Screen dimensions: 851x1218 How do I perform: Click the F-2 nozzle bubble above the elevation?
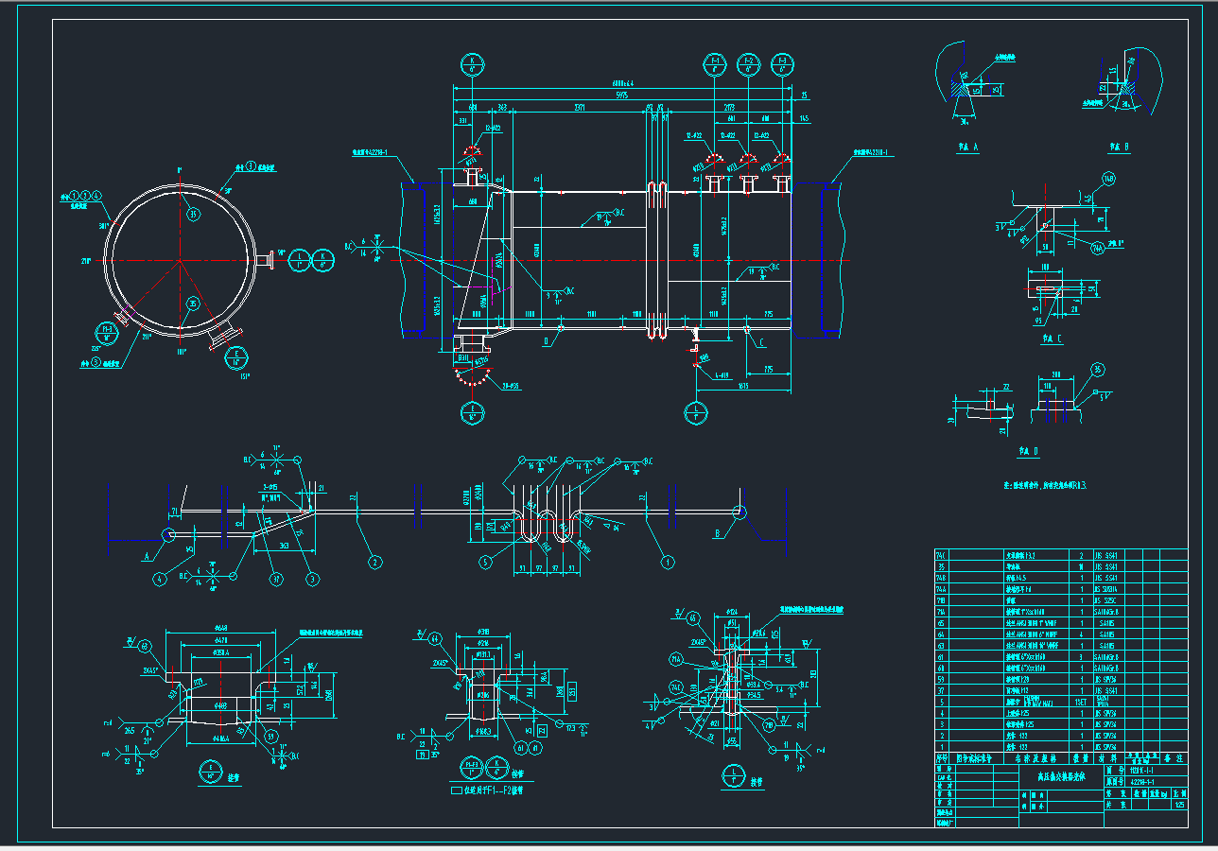pyautogui.click(x=749, y=64)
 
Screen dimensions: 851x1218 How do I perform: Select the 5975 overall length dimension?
pyautogui.click(x=621, y=96)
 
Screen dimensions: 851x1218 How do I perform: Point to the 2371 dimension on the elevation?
pyautogui.click(x=580, y=109)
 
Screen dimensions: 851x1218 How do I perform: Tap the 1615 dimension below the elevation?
pyautogui.click(x=744, y=386)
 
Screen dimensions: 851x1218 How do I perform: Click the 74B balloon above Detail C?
pyautogui.click(x=1108, y=179)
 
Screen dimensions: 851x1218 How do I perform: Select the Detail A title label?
pyautogui.click(x=967, y=147)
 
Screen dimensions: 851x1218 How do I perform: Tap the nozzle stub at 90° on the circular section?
pyautogui.click(x=267, y=259)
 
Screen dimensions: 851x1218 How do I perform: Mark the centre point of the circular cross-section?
pyautogui.click(x=180, y=259)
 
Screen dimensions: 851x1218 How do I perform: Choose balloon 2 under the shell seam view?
pyautogui.click(x=375, y=563)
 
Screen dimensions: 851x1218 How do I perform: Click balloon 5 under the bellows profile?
pyautogui.click(x=486, y=562)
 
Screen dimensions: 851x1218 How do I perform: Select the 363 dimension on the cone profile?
pyautogui.click(x=285, y=546)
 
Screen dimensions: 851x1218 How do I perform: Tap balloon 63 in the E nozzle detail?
pyautogui.click(x=145, y=647)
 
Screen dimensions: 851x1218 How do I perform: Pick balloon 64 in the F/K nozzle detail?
pyautogui.click(x=434, y=638)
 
